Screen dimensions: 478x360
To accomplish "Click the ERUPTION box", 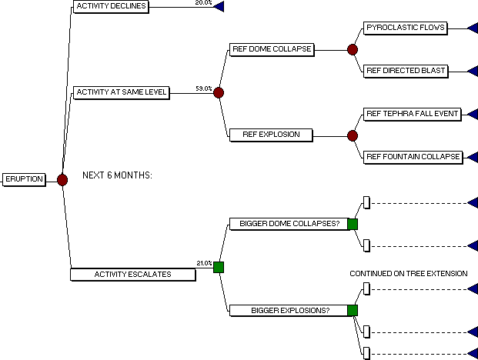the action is click(x=24, y=179).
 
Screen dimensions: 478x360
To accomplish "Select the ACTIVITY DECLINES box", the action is click(x=112, y=7).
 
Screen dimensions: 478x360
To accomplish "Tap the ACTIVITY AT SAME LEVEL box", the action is click(x=122, y=92).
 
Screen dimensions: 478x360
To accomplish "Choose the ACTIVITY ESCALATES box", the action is click(x=133, y=275).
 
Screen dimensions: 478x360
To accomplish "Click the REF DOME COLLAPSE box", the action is click(x=272, y=50).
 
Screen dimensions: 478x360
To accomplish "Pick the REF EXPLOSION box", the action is click(x=271, y=135).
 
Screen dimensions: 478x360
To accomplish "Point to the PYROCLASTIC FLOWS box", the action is click(x=406, y=28).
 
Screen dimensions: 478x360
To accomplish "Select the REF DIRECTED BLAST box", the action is click(x=406, y=72).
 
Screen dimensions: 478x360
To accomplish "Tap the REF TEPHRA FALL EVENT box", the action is click(x=413, y=114).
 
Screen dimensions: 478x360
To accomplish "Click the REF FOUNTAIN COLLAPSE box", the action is click(x=413, y=158).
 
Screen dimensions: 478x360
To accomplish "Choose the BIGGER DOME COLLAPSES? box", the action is click(x=289, y=224).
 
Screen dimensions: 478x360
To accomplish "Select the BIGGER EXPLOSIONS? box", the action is click(x=289, y=311).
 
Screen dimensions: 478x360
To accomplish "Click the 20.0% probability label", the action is click(x=204, y=2).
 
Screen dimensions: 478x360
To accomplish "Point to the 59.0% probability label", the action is click(x=204, y=88).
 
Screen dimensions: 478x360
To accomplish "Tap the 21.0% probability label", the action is click(x=204, y=263).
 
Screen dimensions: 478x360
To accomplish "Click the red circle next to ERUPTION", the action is click(x=62, y=180).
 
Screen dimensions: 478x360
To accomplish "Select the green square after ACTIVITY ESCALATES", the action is click(x=219, y=267).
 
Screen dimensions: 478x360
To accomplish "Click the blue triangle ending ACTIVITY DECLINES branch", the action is click(x=219, y=7).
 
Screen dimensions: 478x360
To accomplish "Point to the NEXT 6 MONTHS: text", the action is click(x=117, y=175).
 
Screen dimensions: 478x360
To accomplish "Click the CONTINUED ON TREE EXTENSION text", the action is click(x=409, y=274).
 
